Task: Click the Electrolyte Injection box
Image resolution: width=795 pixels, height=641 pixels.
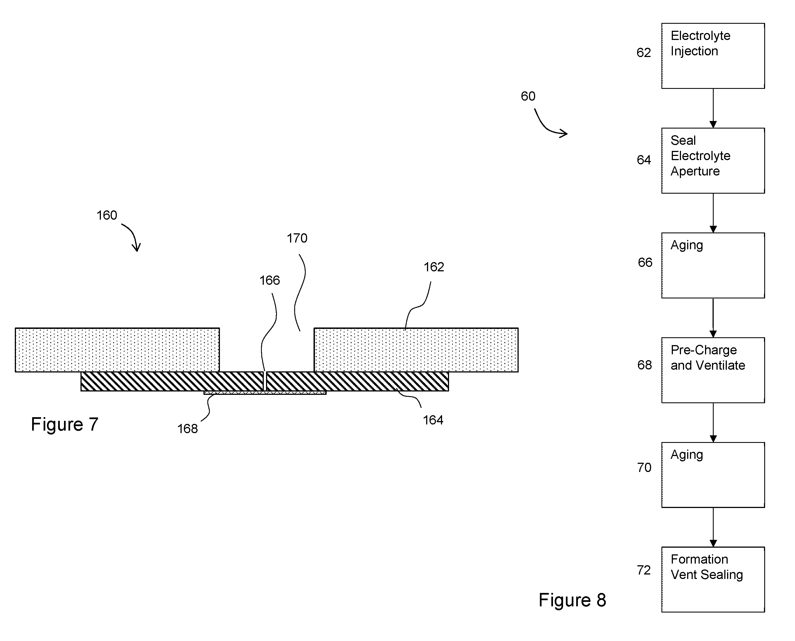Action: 713,56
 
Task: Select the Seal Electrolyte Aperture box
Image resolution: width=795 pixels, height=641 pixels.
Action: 713,161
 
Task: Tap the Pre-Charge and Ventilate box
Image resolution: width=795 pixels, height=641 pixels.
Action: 713,370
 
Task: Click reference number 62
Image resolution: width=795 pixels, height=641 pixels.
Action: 644,53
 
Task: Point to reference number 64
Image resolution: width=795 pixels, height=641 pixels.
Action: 644,160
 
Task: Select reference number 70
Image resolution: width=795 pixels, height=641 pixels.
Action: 644,468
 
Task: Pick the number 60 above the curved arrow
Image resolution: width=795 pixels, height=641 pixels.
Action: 528,96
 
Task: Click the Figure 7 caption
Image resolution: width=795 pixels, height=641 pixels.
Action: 65,424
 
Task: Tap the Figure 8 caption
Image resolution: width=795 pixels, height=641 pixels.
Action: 572,600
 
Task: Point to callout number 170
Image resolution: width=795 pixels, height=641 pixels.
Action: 297,238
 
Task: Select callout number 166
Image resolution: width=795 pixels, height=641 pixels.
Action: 270,281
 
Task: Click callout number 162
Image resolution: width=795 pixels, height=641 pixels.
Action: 433,267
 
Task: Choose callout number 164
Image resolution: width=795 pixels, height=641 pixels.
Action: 433,420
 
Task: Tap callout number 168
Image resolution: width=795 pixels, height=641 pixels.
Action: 188,429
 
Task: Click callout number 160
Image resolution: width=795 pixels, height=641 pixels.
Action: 107,215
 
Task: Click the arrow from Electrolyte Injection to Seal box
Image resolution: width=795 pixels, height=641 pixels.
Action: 713,108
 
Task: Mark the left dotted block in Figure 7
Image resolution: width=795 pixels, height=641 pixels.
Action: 117,350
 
